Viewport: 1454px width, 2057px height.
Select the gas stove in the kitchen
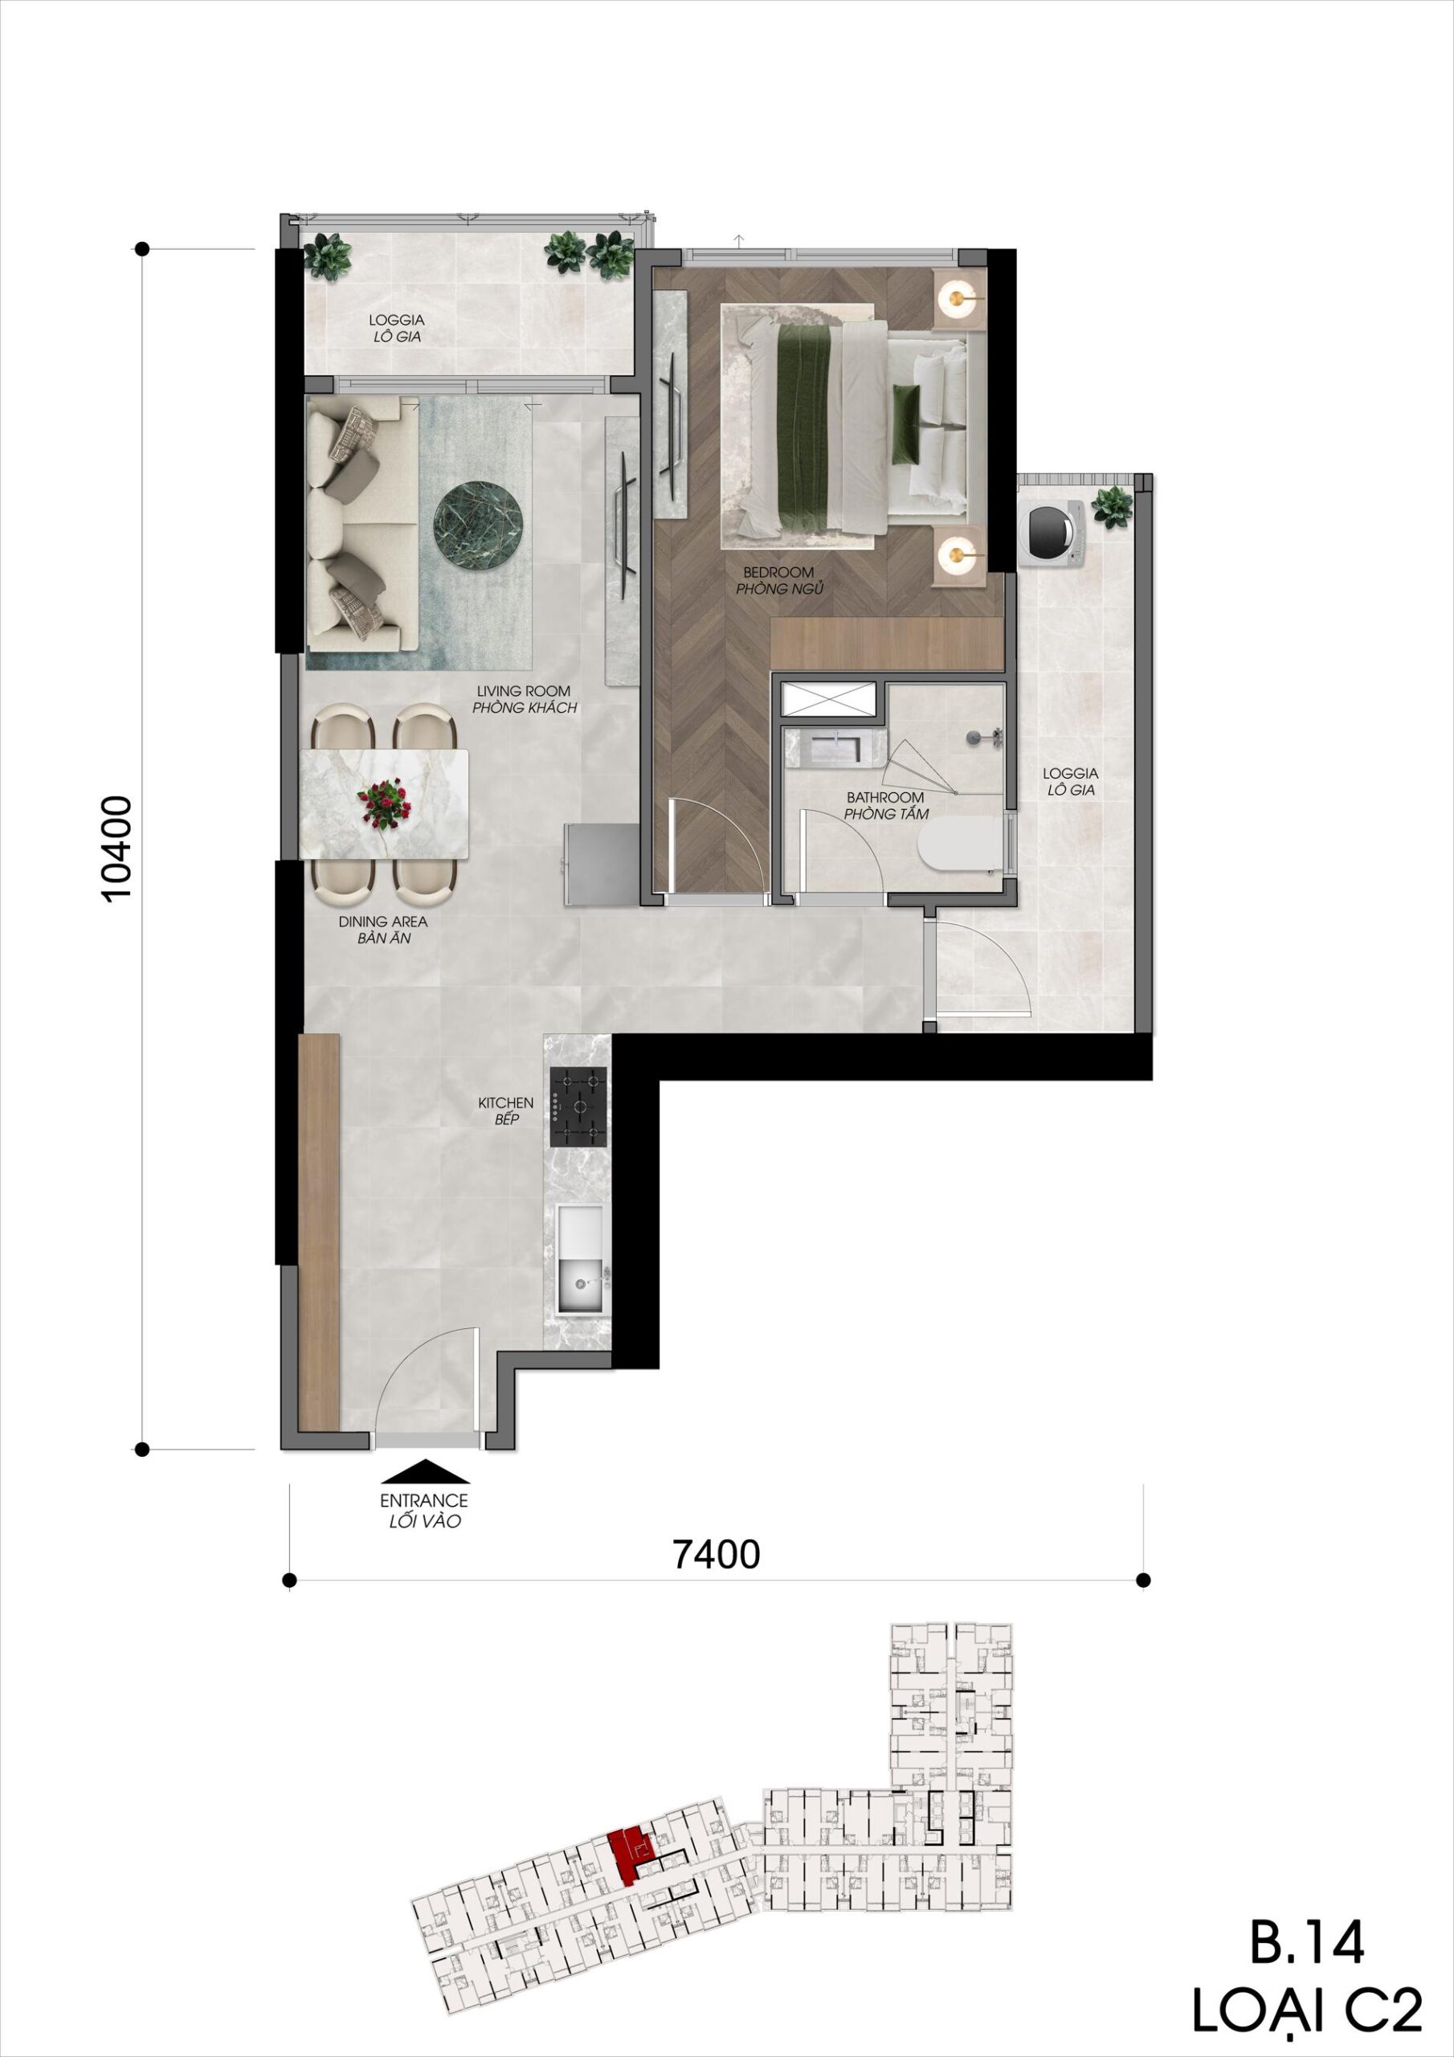[x=578, y=1106]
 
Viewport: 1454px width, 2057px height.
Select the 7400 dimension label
[x=716, y=1553]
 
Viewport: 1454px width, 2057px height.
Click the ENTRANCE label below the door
[x=423, y=1501]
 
